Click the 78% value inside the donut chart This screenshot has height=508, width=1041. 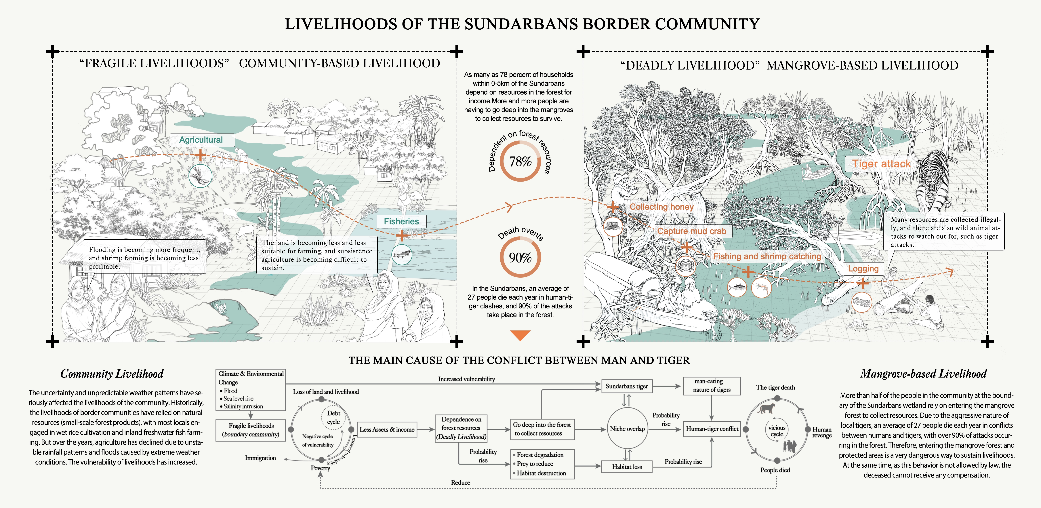click(520, 162)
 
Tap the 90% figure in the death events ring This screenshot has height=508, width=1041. click(520, 257)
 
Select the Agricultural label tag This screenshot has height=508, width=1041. click(201, 140)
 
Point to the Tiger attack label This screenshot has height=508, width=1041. click(881, 164)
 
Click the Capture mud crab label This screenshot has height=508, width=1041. click(691, 231)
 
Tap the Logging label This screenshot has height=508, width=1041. click(863, 269)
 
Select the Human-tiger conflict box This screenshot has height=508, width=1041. click(712, 429)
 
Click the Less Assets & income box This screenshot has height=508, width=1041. click(387, 430)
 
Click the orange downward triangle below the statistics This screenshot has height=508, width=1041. click(520, 335)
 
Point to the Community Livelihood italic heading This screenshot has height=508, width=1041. click(112, 374)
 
